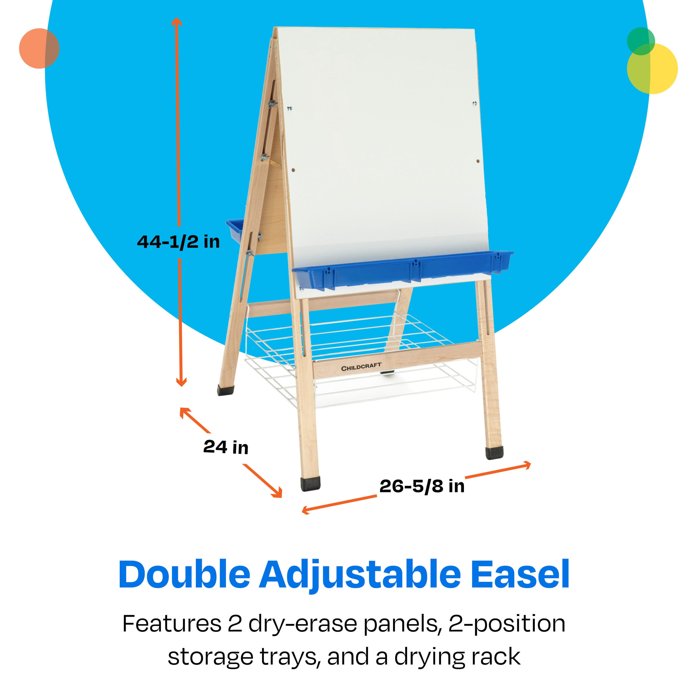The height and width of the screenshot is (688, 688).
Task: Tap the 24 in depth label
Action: pos(226,447)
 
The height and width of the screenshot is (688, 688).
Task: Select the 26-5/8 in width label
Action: pos(422,486)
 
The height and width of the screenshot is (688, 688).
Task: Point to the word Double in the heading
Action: pos(184,574)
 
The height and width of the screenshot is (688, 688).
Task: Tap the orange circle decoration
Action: pos(39,48)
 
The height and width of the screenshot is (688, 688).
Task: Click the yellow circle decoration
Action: pos(652,69)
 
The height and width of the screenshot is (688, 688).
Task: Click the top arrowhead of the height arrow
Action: pos(177,21)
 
